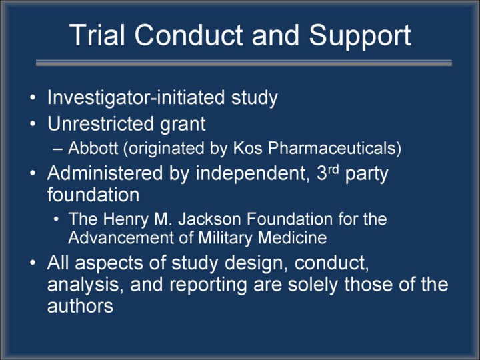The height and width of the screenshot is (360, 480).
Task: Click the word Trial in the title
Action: click(x=97, y=35)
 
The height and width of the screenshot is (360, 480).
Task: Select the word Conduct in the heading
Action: click(x=189, y=35)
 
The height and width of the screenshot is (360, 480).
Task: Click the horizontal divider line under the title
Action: click(x=244, y=63)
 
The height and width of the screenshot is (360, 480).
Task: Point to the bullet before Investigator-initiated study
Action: click(x=33, y=97)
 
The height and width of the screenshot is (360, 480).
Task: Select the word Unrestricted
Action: click(x=101, y=124)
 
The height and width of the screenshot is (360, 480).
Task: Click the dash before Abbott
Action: click(x=57, y=149)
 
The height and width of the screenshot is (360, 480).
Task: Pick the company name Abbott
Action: click(x=93, y=148)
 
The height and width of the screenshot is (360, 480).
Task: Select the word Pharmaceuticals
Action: click(x=331, y=148)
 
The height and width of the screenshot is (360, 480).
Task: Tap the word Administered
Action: click(x=105, y=173)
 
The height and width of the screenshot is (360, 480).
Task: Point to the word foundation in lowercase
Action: click(x=93, y=195)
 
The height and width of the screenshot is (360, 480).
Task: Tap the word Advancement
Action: click(x=121, y=238)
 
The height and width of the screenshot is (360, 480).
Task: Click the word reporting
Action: click(x=208, y=285)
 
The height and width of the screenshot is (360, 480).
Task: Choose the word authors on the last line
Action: click(x=80, y=305)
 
